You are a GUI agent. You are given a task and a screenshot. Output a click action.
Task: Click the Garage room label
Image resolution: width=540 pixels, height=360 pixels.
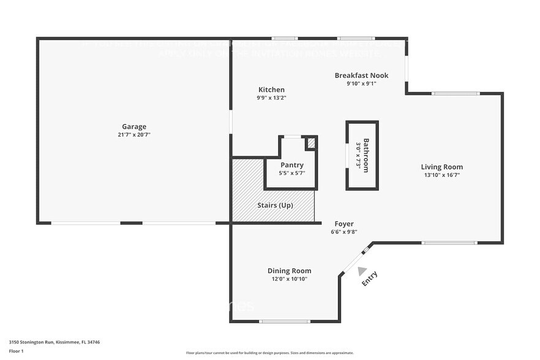[x=133, y=127]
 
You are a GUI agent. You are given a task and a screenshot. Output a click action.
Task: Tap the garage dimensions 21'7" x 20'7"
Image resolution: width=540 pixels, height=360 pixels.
[x=133, y=135]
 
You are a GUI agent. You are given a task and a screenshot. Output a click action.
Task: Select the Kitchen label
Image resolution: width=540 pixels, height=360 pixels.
[x=271, y=89]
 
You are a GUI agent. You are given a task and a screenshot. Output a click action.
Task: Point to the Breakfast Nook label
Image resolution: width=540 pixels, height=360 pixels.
[x=361, y=75]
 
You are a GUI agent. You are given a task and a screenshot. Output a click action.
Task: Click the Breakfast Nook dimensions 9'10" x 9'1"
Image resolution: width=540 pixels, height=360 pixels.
[x=361, y=83]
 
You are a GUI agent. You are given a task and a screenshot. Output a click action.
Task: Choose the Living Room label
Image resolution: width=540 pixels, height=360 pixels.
[x=441, y=167]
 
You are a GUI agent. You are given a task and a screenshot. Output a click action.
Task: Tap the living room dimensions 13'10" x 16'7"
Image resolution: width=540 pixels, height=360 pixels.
[x=441, y=174]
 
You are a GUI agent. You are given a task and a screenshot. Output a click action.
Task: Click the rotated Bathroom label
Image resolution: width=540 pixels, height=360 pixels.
[x=366, y=155]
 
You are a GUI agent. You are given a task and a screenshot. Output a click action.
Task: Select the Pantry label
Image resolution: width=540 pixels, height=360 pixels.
[x=291, y=165]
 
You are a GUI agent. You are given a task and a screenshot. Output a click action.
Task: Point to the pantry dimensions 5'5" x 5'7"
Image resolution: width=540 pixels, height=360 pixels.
[x=291, y=173]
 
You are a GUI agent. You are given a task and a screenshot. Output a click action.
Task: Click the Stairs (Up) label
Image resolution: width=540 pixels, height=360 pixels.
[x=274, y=205]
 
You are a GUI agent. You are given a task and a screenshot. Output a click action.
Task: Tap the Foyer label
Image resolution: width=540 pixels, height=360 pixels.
[x=343, y=224]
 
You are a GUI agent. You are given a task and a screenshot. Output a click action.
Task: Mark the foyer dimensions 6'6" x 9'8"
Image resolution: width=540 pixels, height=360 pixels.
[x=343, y=232]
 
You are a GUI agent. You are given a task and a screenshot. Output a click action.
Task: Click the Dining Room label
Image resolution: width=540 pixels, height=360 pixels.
[x=289, y=271]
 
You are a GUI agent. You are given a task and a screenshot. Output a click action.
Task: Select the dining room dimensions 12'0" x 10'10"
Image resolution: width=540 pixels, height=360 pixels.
[x=289, y=279]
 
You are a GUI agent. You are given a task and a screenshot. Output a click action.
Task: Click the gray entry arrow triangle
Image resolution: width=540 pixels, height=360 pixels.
[x=362, y=271]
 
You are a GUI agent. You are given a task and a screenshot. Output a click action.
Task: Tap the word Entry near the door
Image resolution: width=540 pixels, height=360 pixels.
[x=369, y=279]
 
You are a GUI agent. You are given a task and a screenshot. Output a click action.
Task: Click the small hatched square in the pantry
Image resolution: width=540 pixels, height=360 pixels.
[x=310, y=143]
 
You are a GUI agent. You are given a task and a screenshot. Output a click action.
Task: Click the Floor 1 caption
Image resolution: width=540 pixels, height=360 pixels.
[x=16, y=351]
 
